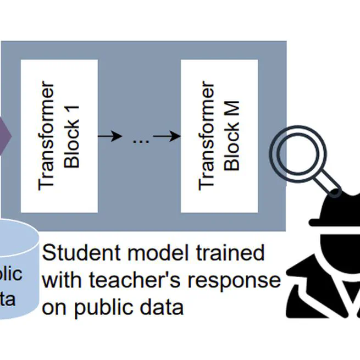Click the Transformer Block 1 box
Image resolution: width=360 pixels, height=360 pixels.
click(59, 136)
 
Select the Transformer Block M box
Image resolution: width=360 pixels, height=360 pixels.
click(219, 136)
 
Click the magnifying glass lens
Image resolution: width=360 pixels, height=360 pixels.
click(295, 150)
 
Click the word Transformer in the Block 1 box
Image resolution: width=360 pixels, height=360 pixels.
click(48, 136)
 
